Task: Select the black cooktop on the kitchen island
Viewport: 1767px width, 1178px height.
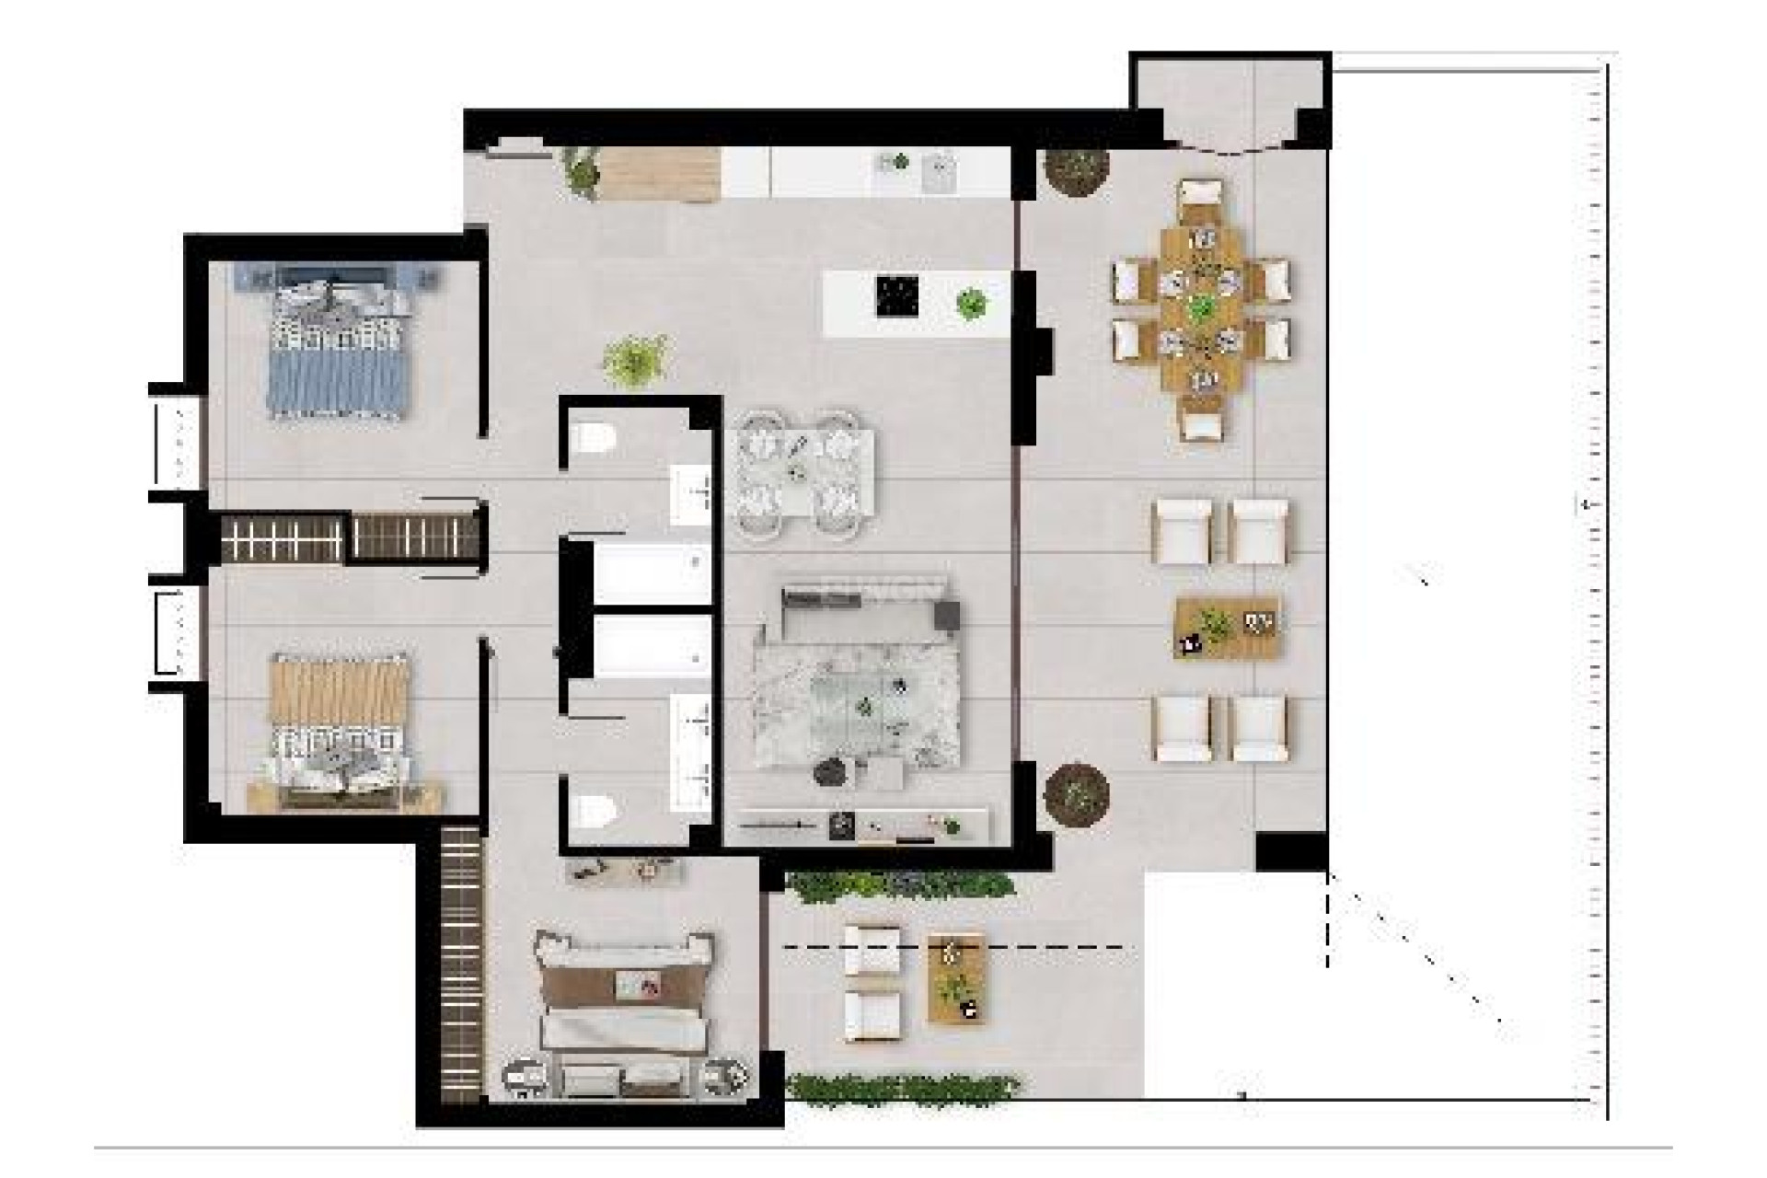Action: point(897,296)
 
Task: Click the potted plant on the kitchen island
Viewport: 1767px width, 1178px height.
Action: point(970,302)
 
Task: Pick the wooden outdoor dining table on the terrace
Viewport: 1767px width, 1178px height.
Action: point(1201,308)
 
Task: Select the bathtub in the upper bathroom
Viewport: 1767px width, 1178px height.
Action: point(649,572)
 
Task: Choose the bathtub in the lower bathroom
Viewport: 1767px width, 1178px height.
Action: point(649,646)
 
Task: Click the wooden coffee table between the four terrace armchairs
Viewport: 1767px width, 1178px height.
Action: point(1228,628)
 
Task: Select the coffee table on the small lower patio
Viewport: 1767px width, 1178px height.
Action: point(957,977)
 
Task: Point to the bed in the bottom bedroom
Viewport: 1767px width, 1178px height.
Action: point(626,1008)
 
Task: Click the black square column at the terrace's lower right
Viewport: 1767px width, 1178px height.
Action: point(1291,851)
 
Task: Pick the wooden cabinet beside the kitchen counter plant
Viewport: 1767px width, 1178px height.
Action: point(657,173)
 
